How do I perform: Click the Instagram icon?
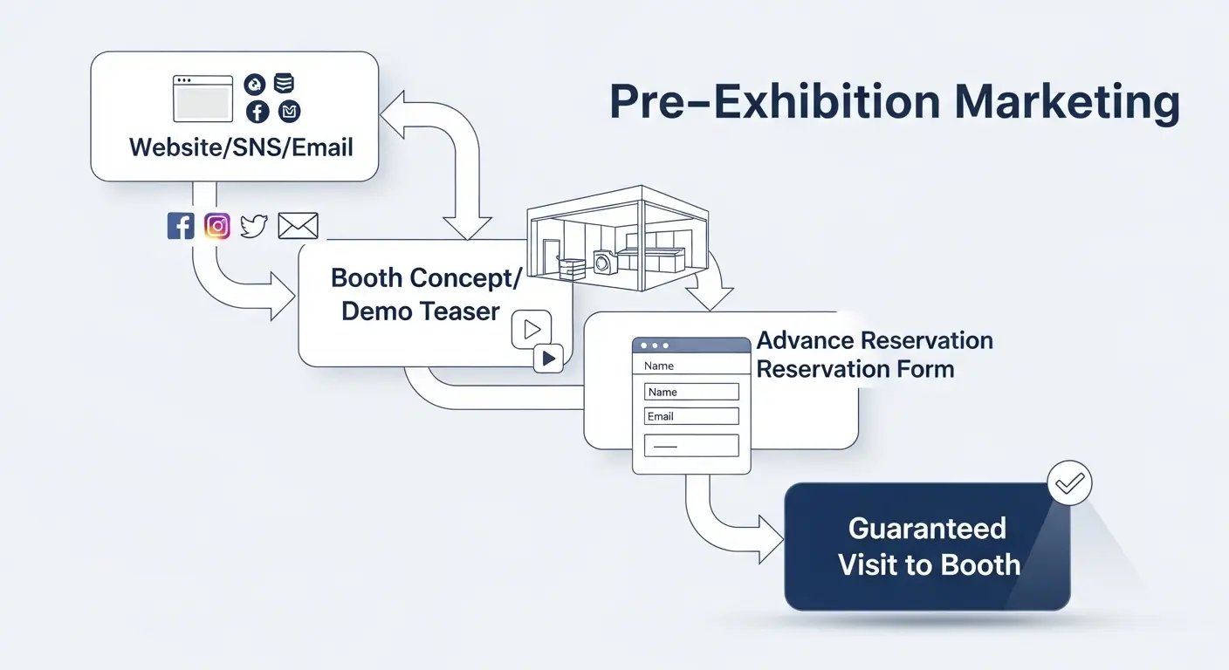click(217, 227)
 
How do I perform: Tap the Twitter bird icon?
click(253, 227)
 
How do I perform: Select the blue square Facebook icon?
click(181, 227)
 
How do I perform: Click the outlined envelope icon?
click(298, 227)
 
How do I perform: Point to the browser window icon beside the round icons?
click(203, 99)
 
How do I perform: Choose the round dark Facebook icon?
click(257, 112)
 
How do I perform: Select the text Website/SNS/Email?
click(241, 147)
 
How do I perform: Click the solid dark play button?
click(548, 358)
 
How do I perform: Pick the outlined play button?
click(532, 329)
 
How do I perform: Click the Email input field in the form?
click(690, 416)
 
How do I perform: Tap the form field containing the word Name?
click(690, 392)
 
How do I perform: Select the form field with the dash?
click(690, 446)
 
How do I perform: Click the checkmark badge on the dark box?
click(1069, 482)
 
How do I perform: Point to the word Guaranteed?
click(927, 529)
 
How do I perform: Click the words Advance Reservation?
click(875, 340)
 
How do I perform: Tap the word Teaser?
click(457, 311)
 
